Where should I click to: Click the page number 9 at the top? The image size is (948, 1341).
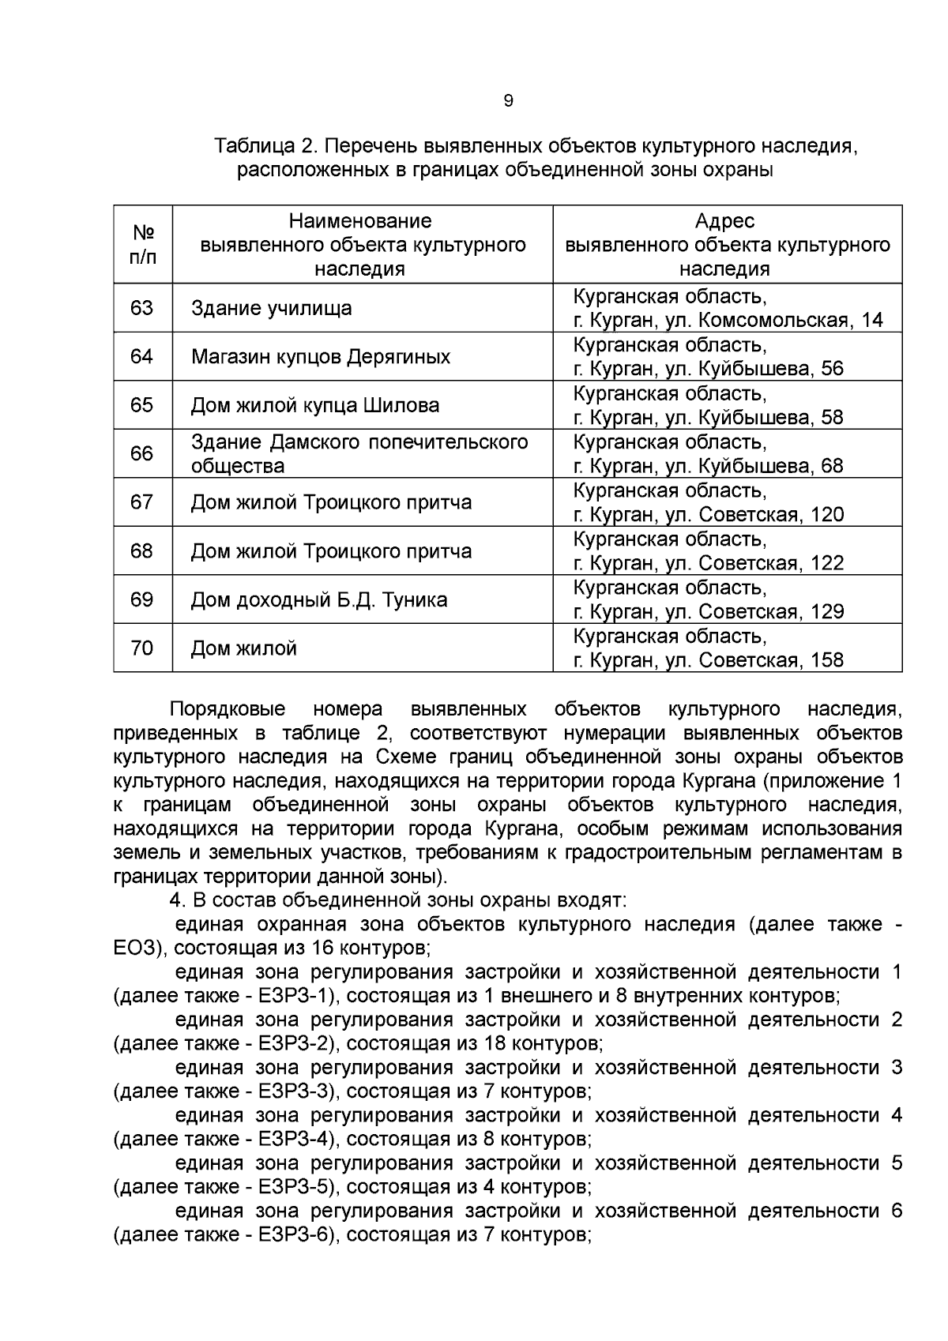pyautogui.click(x=508, y=101)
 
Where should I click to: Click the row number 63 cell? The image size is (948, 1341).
pyautogui.click(x=142, y=307)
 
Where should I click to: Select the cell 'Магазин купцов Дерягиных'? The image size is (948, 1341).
pyautogui.click(x=321, y=356)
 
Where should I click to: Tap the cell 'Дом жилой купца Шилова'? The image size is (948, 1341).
pyautogui.click(x=315, y=405)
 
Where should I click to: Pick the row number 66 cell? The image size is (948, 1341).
pyautogui.click(x=142, y=453)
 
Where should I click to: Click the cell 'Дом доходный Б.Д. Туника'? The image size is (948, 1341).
pyautogui.click(x=319, y=599)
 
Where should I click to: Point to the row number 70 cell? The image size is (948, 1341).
pyautogui.click(x=142, y=648)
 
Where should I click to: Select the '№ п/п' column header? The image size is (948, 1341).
pyautogui.click(x=142, y=244)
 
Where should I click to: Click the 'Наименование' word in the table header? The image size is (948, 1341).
pyautogui.click(x=360, y=220)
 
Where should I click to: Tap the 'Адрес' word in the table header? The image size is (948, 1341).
pyautogui.click(x=724, y=220)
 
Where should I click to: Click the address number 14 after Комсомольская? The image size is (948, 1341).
pyautogui.click(x=873, y=321)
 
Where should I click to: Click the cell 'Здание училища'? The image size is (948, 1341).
pyautogui.click(x=272, y=308)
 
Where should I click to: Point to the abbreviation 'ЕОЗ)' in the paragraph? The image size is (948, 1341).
pyautogui.click(x=138, y=947)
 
